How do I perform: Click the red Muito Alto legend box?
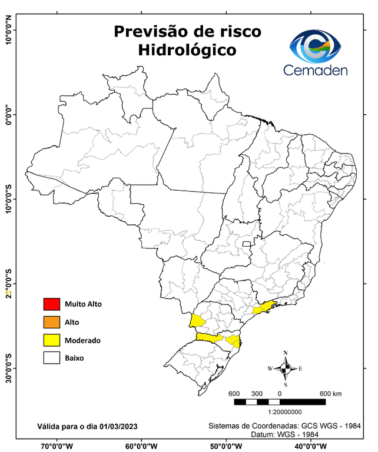coord(51,304)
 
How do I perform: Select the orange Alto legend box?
coord(51,322)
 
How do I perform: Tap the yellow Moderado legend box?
coord(51,340)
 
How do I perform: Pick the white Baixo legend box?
coord(51,357)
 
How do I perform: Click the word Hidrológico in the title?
coord(187,51)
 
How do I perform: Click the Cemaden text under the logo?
coord(316,70)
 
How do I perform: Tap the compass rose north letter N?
coord(286,353)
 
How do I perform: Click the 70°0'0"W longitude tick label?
coord(57,446)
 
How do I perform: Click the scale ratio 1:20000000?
coord(285,413)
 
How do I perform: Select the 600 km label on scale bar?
coord(330,393)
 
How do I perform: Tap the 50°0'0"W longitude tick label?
coord(227,446)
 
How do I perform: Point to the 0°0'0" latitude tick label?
coord(8,115)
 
